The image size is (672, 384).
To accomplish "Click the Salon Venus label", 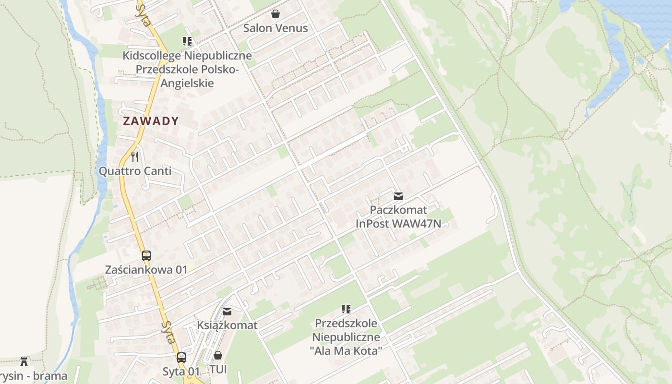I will pos(276,28).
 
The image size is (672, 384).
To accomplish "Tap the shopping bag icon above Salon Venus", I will pos(276,14).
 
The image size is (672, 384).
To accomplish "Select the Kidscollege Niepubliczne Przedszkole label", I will pos(187,69).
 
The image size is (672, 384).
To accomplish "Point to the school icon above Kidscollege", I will pos(187,41).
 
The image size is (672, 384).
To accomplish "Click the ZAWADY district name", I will pos(151,121).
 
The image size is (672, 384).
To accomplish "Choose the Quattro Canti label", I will pos(135,171).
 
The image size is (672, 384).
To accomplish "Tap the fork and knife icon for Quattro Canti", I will pos(135,156).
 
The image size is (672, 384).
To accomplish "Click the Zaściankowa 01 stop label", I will pos(146,270).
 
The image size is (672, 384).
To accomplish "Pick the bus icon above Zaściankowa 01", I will pos(146,256).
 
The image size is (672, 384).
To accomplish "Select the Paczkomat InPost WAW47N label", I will pos(398,217).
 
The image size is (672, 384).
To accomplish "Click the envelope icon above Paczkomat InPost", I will pos(398,196).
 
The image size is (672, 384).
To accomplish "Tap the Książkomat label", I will pos(227,325).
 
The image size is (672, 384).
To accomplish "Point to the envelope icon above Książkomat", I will pos(227,312).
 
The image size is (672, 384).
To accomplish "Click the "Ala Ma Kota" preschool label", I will pos(346,337).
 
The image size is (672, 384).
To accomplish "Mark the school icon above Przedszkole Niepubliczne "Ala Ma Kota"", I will pos(346,309).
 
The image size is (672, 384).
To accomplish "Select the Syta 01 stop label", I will pos(180,371).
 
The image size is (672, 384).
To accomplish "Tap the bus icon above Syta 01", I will pos(181,357).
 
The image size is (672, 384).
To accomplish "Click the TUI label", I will pos(218,370).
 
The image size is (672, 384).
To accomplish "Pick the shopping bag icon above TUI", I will pos(218,355).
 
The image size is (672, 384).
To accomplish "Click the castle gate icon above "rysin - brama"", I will pos(24,361).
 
